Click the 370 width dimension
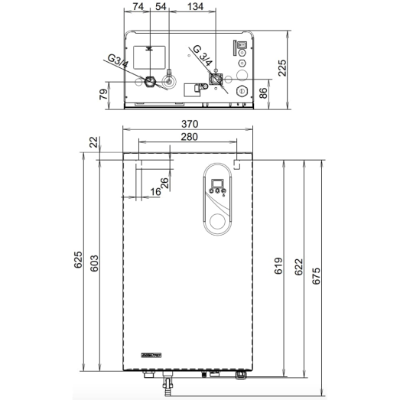click(190, 124)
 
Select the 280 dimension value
click(189, 137)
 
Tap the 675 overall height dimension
click(316, 276)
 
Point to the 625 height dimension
click(78, 260)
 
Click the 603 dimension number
click(94, 263)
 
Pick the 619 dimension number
click(278, 266)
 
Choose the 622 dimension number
click(298, 267)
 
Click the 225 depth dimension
click(282, 68)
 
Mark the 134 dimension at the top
click(195, 7)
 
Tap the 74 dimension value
click(138, 7)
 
